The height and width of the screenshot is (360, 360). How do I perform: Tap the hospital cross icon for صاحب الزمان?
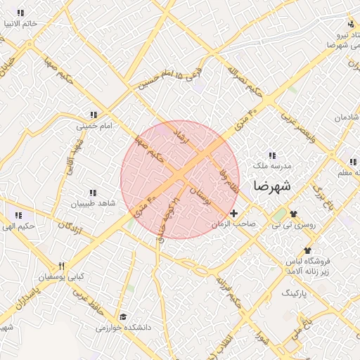pyautogui.click(x=234, y=212)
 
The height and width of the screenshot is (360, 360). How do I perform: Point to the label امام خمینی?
pyautogui.click(x=95, y=126)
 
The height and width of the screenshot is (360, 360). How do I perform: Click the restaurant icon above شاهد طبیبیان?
pyautogui.click(x=91, y=193)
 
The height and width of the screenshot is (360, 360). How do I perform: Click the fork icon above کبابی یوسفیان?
pyautogui.click(x=61, y=266)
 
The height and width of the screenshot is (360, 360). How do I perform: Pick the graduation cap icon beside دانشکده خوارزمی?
pyautogui.click(x=124, y=317)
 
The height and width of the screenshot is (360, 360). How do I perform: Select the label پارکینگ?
pyautogui.click(x=295, y=291)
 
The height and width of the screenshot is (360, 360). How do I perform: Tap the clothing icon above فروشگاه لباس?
pyautogui.click(x=307, y=250)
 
